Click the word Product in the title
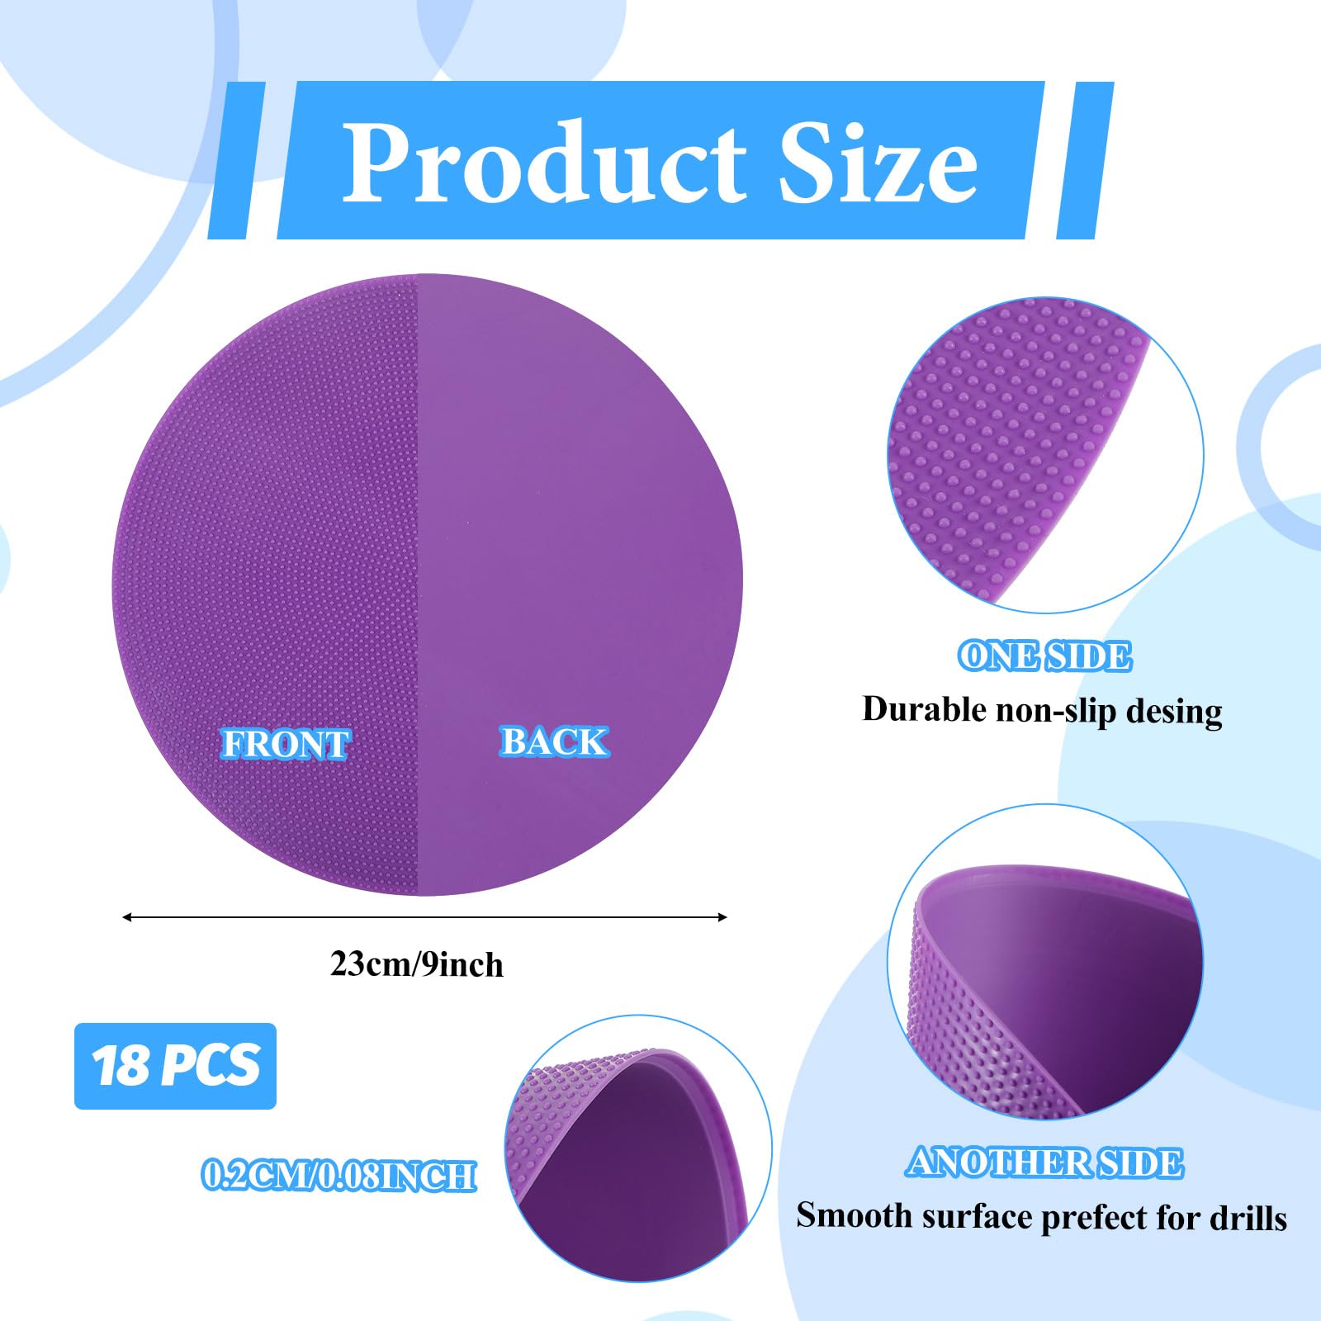pos(545,162)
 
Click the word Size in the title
pos(878,162)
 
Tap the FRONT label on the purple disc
pos(285,744)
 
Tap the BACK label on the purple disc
pos(554,741)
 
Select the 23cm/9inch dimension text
pos(417,964)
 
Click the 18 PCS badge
pos(175,1066)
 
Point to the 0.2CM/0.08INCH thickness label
pos(339,1176)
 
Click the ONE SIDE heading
pos(1044,656)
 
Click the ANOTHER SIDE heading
pos(1044,1162)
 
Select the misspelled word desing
pos(1174,711)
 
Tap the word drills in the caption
pos(1248,1217)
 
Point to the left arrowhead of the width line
pos(127,916)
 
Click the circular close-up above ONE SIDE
pos(1045,455)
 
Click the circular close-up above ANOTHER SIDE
pos(1045,962)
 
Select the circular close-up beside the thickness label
pos(638,1148)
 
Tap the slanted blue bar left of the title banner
pos(237,160)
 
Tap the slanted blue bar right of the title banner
pos(1085,160)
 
